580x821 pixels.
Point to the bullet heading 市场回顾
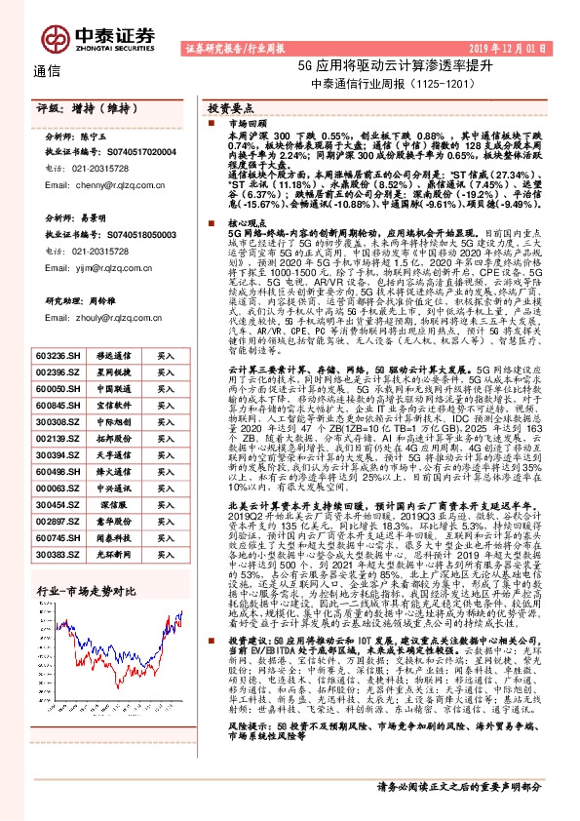click(248, 125)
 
